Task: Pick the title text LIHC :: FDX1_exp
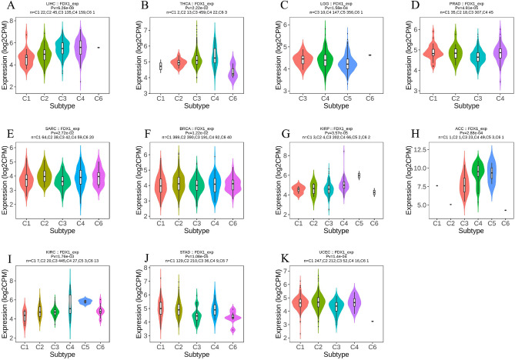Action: tap(69, 3)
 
